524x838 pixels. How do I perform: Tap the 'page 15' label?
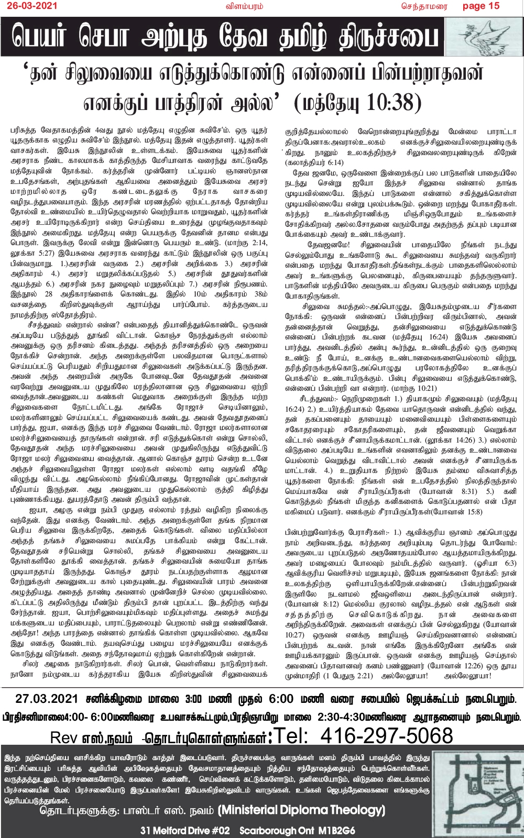[481, 6]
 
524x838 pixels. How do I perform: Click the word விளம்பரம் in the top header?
[248, 6]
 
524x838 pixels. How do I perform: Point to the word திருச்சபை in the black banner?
[388, 37]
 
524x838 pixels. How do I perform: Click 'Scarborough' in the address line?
[268, 831]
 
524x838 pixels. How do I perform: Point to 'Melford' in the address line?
[176, 831]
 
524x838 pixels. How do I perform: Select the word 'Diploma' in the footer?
[297, 810]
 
